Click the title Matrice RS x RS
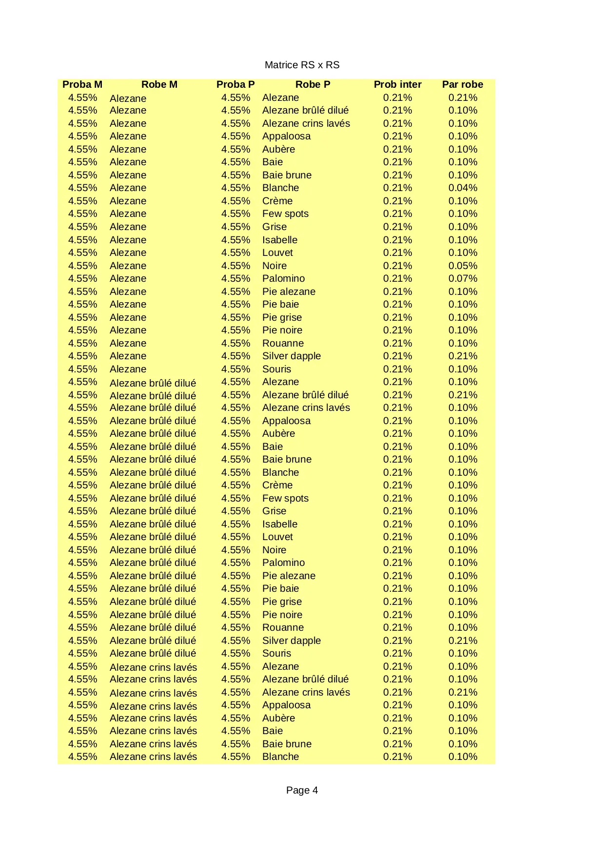click(x=302, y=65)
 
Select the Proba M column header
click(x=82, y=84)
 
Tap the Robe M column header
click(x=159, y=84)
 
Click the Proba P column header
click(x=235, y=84)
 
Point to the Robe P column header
click(x=312, y=84)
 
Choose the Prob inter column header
click(x=397, y=84)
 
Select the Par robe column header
click(x=462, y=84)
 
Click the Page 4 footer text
click(x=302, y=790)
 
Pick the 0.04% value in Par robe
click(x=463, y=188)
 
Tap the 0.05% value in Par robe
click(x=463, y=266)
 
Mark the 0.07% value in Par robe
click(x=463, y=278)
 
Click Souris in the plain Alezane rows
click(x=276, y=369)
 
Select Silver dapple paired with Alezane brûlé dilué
click(x=292, y=641)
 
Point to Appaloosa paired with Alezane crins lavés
click(x=286, y=705)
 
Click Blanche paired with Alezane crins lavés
click(x=280, y=757)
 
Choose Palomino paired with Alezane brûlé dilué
click(x=283, y=563)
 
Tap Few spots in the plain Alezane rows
click(x=285, y=214)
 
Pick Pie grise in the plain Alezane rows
click(x=282, y=317)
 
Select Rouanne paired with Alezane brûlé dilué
click(x=283, y=627)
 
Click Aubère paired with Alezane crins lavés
click(x=278, y=718)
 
